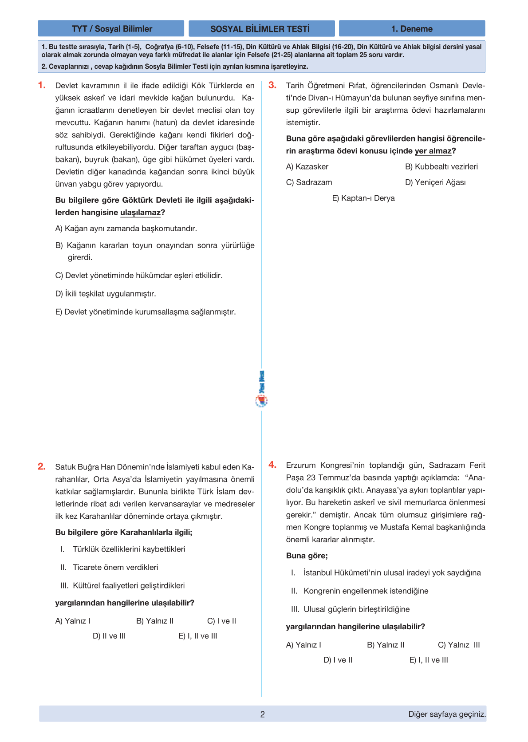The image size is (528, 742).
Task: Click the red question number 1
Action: coord(42,85)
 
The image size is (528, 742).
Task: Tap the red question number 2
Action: coord(41,466)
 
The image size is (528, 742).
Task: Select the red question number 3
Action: coord(272,85)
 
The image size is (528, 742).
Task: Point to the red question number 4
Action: coord(272,465)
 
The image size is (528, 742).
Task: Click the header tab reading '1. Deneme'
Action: coord(412,29)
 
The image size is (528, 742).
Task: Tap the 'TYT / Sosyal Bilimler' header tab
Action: coord(111,29)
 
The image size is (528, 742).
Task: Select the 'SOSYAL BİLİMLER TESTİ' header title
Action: coord(261,29)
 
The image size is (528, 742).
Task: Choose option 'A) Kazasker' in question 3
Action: coord(307,167)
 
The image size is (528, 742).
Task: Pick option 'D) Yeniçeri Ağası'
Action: coord(435,182)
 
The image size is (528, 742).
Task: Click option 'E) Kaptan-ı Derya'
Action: coord(363,198)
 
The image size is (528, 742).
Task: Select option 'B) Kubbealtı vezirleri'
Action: coord(441,167)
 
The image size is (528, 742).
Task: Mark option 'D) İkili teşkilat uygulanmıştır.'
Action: coord(106,294)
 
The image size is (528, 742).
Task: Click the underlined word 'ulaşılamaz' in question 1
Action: coord(140,213)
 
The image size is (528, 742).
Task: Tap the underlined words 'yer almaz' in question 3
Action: coord(433,151)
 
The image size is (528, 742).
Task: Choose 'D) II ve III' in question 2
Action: coord(109,636)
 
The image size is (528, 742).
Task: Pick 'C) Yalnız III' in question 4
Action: coord(458,645)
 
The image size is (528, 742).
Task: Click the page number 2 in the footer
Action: coord(263,714)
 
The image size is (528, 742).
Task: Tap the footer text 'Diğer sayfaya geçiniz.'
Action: coord(447,714)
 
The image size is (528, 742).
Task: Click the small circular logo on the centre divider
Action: coord(261,401)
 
